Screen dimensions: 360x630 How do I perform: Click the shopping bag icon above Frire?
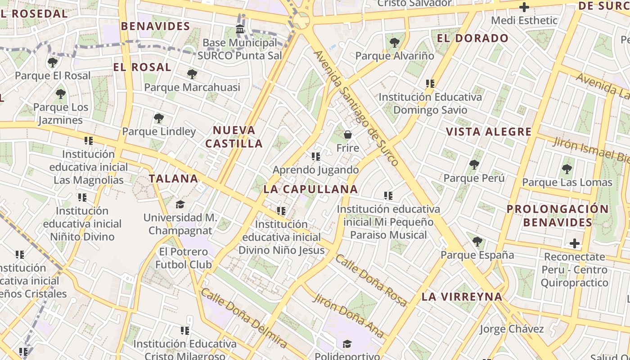click(347, 134)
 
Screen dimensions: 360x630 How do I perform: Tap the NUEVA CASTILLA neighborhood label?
click(234, 137)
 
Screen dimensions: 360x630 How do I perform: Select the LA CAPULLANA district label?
click(310, 189)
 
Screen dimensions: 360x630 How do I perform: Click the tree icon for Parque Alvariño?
click(395, 43)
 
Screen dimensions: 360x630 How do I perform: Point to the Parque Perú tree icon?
click(474, 165)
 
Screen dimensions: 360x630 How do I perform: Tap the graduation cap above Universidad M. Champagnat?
click(180, 204)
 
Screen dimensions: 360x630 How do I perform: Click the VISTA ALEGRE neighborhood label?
click(489, 132)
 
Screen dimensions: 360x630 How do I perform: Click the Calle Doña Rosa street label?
click(371, 280)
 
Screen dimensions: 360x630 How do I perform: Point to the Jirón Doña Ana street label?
click(349, 315)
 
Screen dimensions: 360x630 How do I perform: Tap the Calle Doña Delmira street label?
click(243, 318)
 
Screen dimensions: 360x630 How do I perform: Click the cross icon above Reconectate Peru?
click(574, 243)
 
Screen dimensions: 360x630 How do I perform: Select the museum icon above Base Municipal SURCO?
click(240, 30)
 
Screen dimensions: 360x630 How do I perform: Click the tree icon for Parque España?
click(477, 242)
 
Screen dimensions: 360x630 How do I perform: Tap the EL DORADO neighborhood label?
click(472, 38)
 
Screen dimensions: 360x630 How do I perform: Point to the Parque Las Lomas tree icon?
click(567, 169)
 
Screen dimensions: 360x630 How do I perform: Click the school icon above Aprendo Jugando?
click(315, 157)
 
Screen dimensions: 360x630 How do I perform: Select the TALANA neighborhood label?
click(174, 179)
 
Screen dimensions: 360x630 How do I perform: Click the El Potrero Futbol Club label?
click(184, 258)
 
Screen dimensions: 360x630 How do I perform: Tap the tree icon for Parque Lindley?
click(158, 118)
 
